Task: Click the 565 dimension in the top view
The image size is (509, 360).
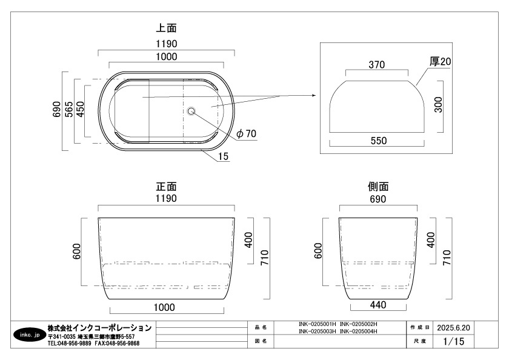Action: pyautogui.click(x=70, y=110)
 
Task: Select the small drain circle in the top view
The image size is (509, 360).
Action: pyautogui.click(x=191, y=111)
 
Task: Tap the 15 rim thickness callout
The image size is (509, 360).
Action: pyautogui.click(x=224, y=156)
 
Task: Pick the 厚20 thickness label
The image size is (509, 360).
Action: pyautogui.click(x=441, y=61)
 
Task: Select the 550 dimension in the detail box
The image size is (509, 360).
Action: pyautogui.click(x=378, y=141)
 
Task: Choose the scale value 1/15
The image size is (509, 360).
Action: pyautogui.click(x=454, y=342)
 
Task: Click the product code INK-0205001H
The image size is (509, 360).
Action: pyautogui.click(x=317, y=324)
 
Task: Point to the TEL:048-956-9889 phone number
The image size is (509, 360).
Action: pyautogui.click(x=70, y=343)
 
